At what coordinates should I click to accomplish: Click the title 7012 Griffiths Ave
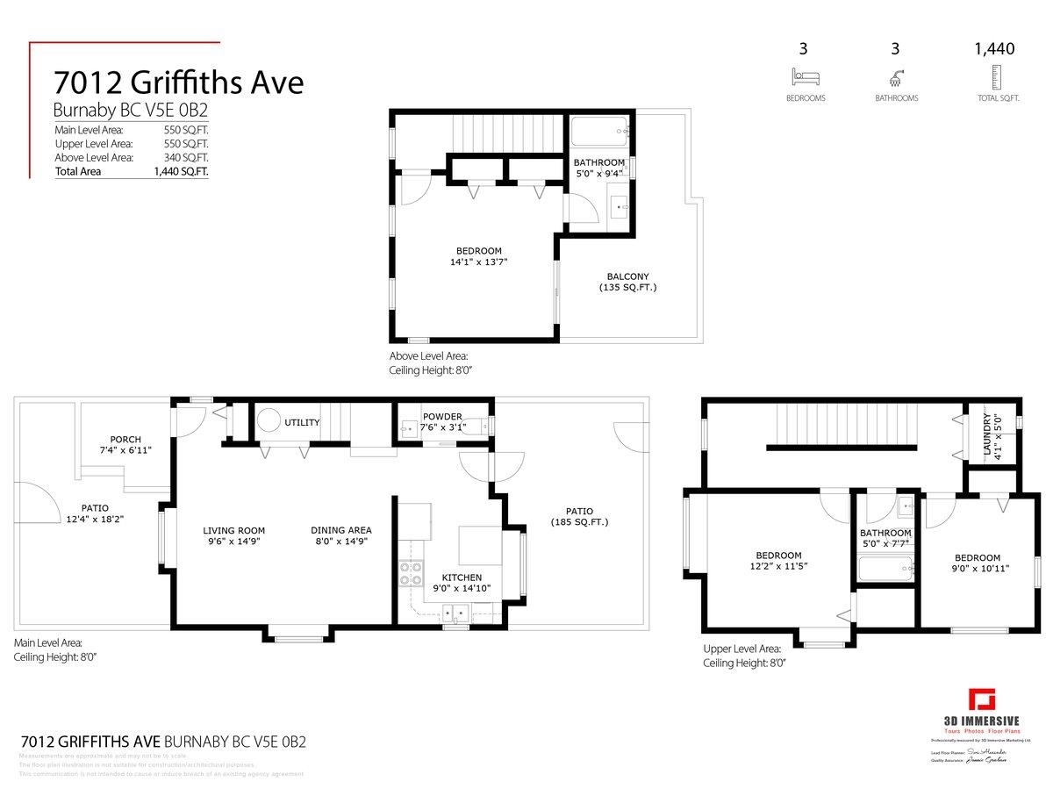pyautogui.click(x=178, y=82)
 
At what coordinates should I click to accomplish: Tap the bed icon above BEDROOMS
pyautogui.click(x=805, y=76)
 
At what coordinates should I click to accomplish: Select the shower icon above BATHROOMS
pyautogui.click(x=896, y=76)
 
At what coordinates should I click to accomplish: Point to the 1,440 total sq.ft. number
pyautogui.click(x=994, y=49)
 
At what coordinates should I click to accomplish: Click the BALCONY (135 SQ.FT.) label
pyautogui.click(x=627, y=282)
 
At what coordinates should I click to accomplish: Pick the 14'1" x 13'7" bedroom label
pyautogui.click(x=478, y=255)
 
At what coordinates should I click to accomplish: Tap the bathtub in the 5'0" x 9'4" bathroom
pyautogui.click(x=599, y=133)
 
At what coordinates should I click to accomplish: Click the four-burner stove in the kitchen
pyautogui.click(x=411, y=573)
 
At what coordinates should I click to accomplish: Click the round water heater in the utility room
pyautogui.click(x=269, y=420)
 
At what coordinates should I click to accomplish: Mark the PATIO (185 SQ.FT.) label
pyautogui.click(x=579, y=516)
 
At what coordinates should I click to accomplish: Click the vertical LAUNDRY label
pyautogui.click(x=986, y=434)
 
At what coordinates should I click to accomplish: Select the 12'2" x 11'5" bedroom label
pyautogui.click(x=778, y=560)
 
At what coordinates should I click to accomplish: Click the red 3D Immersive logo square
pyautogui.click(x=982, y=701)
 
